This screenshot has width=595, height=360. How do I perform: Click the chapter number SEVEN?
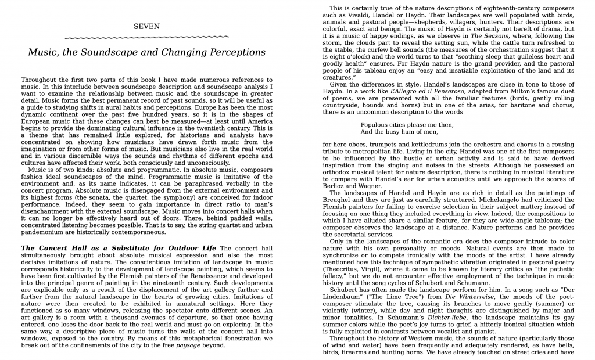(146, 26)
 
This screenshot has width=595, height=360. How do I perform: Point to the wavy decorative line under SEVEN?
(146, 37)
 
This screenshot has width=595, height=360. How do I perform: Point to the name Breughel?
(341, 200)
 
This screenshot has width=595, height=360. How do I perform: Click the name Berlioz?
(336, 186)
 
